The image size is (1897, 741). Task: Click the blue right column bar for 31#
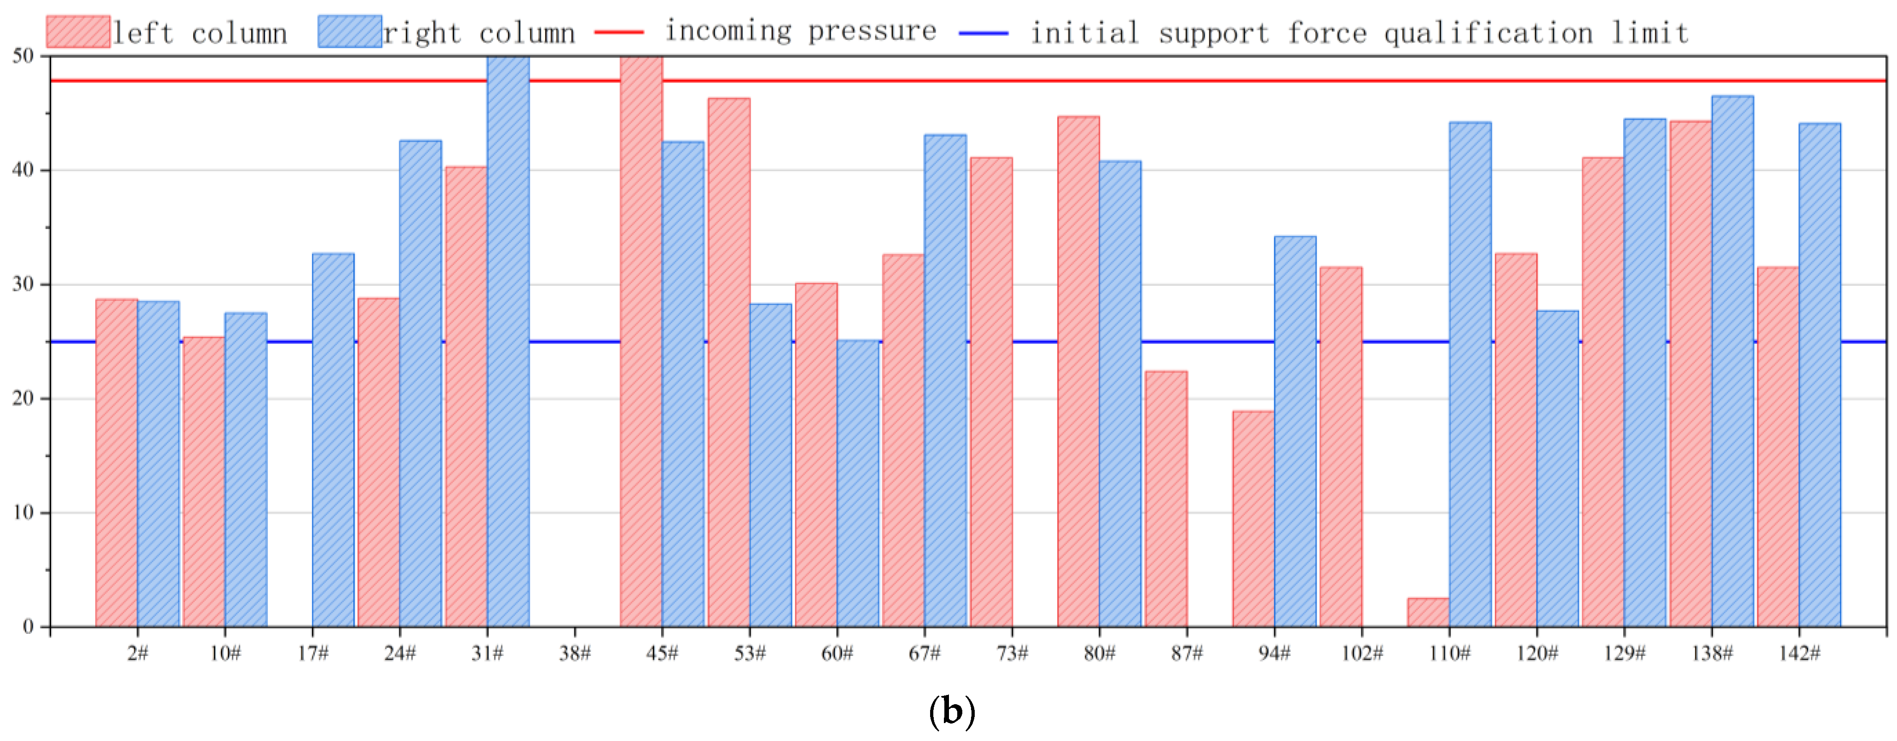click(x=508, y=341)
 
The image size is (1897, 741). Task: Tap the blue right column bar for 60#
click(x=858, y=483)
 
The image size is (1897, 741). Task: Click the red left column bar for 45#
click(x=641, y=341)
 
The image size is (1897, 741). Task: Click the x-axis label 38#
click(x=575, y=653)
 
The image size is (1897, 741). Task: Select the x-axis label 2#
click(x=138, y=653)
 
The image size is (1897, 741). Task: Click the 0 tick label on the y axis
click(x=28, y=627)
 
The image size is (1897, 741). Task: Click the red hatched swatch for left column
click(x=78, y=32)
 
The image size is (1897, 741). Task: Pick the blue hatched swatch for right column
click(x=350, y=32)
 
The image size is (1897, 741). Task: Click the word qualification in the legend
click(x=1488, y=33)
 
